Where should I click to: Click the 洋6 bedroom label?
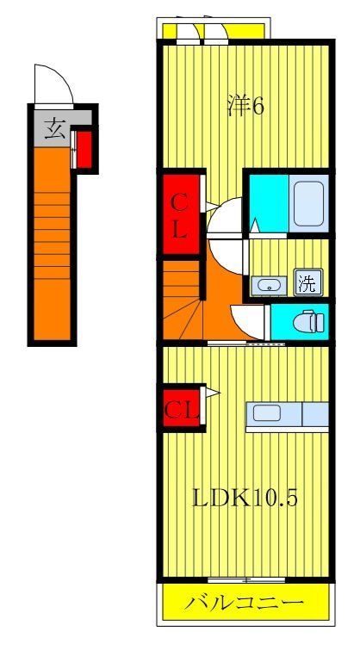tap(246, 106)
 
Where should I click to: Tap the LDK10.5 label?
tap(245, 498)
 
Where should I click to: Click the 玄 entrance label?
tap(53, 130)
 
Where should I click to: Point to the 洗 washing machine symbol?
tap(306, 282)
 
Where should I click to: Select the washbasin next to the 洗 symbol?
tap(269, 284)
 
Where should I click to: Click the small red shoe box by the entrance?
tap(83, 148)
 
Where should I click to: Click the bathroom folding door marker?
tap(255, 226)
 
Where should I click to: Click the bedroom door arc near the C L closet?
tap(226, 215)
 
